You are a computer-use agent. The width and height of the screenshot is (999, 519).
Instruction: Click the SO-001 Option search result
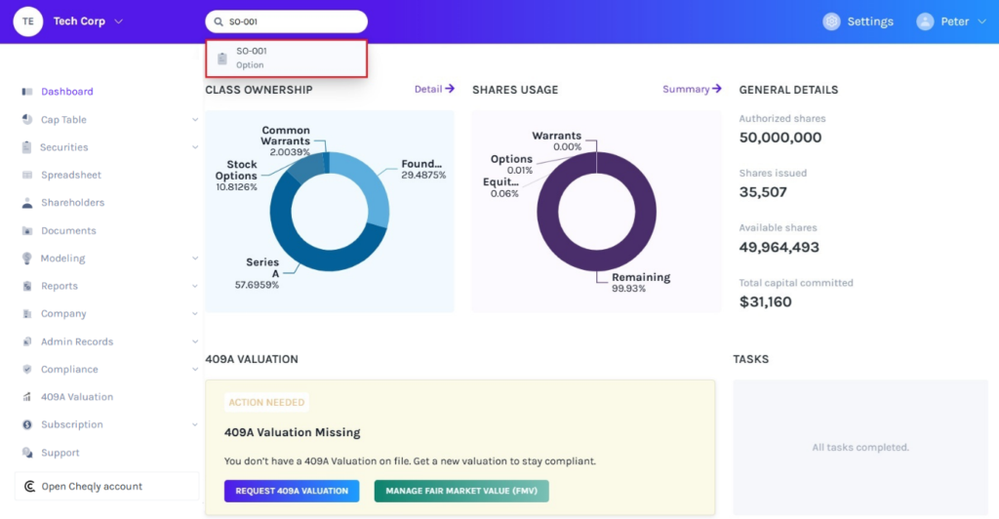coord(285,58)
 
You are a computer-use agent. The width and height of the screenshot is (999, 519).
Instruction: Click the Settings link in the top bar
coord(868,21)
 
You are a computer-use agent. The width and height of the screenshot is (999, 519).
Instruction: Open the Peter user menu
coord(952,21)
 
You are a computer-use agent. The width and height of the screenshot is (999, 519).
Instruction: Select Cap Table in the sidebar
coord(63,120)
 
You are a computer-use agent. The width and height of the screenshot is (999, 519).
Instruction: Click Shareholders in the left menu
coord(72,203)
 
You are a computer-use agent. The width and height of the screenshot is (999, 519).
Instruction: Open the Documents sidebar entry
coord(68,231)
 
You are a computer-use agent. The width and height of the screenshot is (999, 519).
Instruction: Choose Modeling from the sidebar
coord(62,259)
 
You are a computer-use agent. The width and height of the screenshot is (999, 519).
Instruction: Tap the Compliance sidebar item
coord(69,370)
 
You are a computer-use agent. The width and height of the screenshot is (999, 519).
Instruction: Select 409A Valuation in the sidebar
coord(76,397)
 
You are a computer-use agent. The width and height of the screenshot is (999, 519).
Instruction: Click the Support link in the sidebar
coord(60,453)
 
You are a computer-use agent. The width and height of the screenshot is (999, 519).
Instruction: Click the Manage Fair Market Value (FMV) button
coord(461,491)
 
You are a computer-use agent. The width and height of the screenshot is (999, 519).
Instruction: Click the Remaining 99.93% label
coord(640,283)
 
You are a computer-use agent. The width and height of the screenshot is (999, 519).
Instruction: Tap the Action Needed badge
coord(266,402)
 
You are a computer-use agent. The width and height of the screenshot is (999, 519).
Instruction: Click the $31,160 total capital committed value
coord(766,302)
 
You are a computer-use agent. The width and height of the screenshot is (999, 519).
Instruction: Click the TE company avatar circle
coord(28,21)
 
